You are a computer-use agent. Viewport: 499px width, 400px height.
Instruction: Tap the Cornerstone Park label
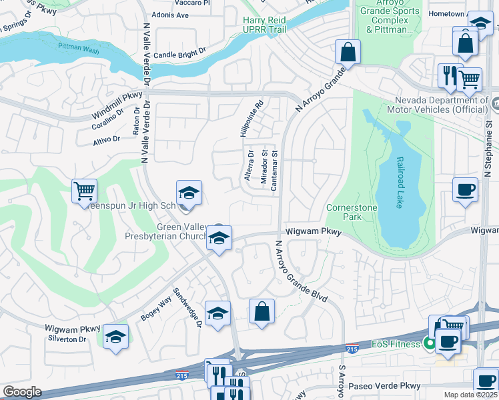click(352, 212)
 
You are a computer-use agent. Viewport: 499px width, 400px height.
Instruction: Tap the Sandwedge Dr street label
click(187, 307)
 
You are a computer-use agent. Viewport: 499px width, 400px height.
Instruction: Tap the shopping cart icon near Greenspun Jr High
click(85, 191)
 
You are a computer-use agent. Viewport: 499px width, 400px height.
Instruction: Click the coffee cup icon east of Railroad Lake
click(465, 190)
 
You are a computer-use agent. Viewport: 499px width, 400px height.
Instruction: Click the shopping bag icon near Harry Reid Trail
click(348, 51)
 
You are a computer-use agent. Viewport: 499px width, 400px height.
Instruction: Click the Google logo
click(22, 392)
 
